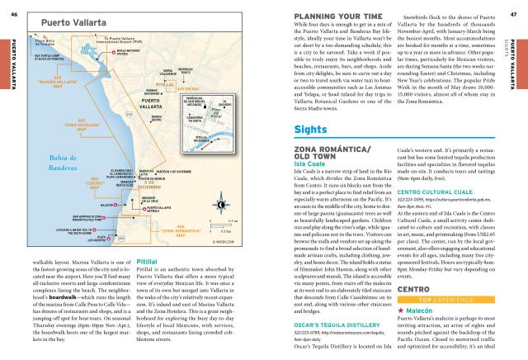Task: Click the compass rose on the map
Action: click(220, 204)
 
